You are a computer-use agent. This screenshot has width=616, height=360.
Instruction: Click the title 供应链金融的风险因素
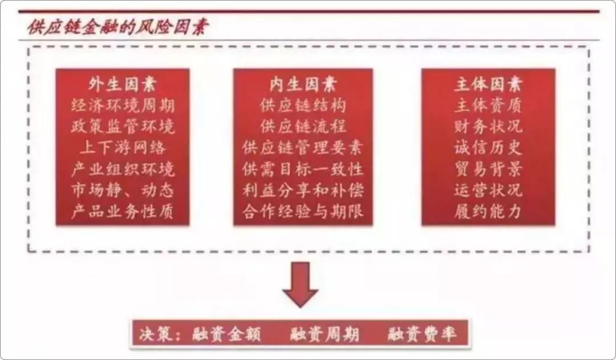tap(117, 26)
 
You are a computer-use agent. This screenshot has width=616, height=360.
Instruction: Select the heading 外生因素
tap(123, 84)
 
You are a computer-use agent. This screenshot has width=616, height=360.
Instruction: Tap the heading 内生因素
tap(303, 84)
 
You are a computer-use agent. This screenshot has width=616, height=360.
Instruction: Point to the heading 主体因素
tap(488, 84)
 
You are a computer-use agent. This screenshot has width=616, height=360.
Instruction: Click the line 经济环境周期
tap(123, 106)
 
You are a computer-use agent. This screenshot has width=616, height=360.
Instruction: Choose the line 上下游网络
tap(123, 148)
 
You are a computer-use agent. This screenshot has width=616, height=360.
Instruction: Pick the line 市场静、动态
tap(123, 190)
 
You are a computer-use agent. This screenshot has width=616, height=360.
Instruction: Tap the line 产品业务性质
tap(123, 212)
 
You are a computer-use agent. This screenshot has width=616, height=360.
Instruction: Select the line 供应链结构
tap(303, 106)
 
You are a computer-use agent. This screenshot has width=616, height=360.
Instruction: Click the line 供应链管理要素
tap(303, 148)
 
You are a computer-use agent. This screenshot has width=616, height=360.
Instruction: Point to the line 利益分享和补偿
tap(303, 190)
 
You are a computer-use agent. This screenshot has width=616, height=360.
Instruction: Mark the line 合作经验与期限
tap(303, 212)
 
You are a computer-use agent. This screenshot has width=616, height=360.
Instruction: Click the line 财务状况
tap(488, 127)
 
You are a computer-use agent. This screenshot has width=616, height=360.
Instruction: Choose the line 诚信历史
tap(488, 148)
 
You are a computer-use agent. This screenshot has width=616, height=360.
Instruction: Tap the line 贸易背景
tap(488, 169)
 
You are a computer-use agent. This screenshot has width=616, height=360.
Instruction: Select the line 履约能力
tap(488, 212)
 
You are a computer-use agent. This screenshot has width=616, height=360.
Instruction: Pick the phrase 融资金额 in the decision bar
tap(226, 334)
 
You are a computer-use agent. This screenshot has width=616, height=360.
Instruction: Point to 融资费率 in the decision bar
tap(422, 334)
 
